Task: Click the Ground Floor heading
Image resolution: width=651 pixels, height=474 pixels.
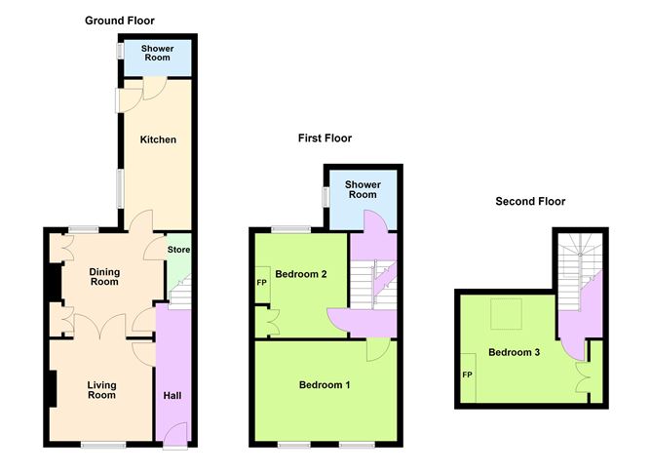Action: (119, 20)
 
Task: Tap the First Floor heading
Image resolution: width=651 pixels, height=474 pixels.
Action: (325, 138)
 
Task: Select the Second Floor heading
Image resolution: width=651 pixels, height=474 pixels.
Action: (530, 202)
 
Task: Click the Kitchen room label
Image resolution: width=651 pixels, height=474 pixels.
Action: (158, 139)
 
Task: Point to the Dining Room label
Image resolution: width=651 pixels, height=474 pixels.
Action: (104, 277)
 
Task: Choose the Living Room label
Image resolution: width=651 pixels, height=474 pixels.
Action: (101, 390)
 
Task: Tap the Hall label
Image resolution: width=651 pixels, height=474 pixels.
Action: (172, 396)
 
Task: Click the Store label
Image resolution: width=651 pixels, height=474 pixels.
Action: (177, 251)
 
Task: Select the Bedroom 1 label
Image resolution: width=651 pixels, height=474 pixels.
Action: (324, 385)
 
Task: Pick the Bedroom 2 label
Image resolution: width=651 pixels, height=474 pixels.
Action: (301, 274)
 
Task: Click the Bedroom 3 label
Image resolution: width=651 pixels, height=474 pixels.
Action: (515, 352)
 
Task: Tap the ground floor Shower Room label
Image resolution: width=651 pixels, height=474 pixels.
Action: (157, 54)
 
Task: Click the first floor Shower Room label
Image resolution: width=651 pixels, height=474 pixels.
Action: (363, 189)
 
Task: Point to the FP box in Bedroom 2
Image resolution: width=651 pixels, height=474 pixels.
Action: (261, 284)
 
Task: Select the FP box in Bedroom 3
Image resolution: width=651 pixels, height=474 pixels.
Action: (467, 375)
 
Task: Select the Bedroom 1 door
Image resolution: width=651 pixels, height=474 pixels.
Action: (379, 347)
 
